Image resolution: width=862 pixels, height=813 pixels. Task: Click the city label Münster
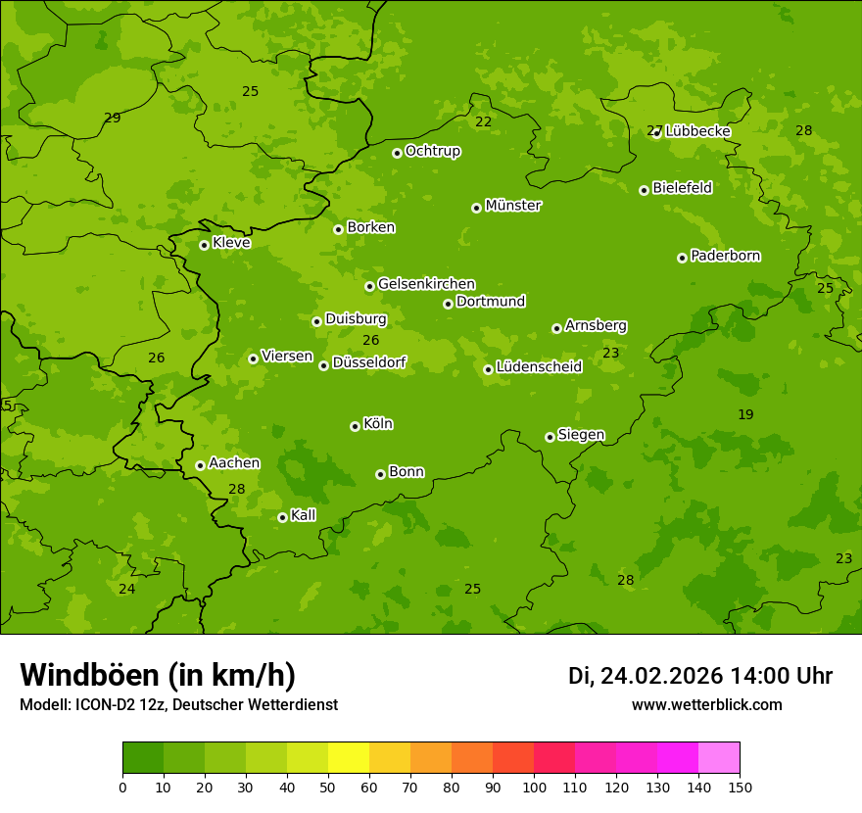(x=513, y=206)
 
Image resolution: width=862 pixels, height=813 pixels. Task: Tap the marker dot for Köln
(x=355, y=426)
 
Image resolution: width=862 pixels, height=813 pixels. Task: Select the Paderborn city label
(x=726, y=256)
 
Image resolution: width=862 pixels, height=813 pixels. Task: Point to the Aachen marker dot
(x=200, y=465)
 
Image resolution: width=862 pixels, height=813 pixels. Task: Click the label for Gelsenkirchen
(x=426, y=284)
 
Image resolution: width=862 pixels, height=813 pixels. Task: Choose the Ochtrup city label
(x=433, y=151)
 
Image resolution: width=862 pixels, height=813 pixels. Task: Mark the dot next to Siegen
(x=550, y=437)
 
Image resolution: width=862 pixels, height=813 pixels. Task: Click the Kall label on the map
(x=304, y=515)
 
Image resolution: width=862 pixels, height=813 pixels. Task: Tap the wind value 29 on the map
(x=113, y=118)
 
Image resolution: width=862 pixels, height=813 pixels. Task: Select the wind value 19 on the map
(x=745, y=414)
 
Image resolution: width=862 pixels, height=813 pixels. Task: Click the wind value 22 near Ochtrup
(x=483, y=121)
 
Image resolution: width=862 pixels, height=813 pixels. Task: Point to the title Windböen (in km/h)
(x=158, y=675)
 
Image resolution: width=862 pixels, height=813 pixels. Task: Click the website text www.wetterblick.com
(x=706, y=705)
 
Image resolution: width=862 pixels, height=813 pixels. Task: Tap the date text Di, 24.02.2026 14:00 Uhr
(x=700, y=676)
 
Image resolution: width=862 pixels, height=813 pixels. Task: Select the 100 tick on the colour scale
(x=534, y=787)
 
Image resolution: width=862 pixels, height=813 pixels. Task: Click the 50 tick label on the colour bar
(x=328, y=787)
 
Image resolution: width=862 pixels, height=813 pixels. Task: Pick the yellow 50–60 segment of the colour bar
(x=349, y=758)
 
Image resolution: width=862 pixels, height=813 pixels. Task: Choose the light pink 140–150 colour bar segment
(x=719, y=758)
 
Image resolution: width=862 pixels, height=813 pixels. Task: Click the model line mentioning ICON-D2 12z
(x=178, y=705)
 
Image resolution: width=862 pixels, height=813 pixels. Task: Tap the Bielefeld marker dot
(x=644, y=190)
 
